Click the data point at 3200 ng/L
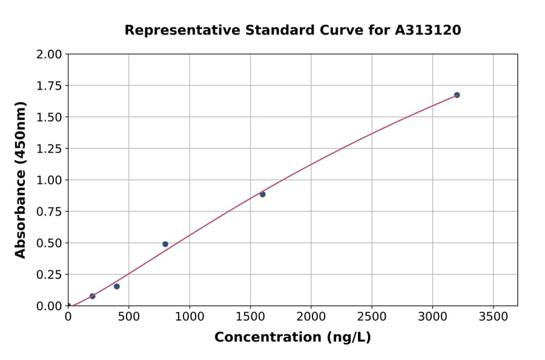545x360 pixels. pyautogui.click(x=457, y=95)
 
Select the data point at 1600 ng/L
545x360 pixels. pyautogui.click(x=262, y=195)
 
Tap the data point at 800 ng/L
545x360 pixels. pyautogui.click(x=165, y=244)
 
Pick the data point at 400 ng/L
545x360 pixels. pyautogui.click(x=117, y=286)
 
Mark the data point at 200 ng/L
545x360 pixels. pyautogui.click(x=93, y=296)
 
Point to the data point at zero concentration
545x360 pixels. pyautogui.click(x=68, y=305)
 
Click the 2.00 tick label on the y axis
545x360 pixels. pyautogui.click(x=49, y=55)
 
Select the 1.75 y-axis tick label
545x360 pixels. pyautogui.click(x=49, y=86)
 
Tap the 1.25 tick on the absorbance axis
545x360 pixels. pyautogui.click(x=49, y=148)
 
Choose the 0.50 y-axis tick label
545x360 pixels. pyautogui.click(x=49, y=243)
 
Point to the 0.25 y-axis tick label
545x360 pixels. pyautogui.click(x=49, y=275)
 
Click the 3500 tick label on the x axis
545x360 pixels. pyautogui.click(x=493, y=317)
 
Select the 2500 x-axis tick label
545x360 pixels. pyautogui.click(x=372, y=317)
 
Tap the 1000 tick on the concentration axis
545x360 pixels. pyautogui.click(x=190, y=317)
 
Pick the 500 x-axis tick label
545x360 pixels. pyautogui.click(x=129, y=317)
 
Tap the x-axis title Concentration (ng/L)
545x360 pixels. pyautogui.click(x=292, y=338)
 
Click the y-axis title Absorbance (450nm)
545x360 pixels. pyautogui.click(x=21, y=180)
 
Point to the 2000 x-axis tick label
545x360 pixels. pyautogui.click(x=311, y=317)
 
